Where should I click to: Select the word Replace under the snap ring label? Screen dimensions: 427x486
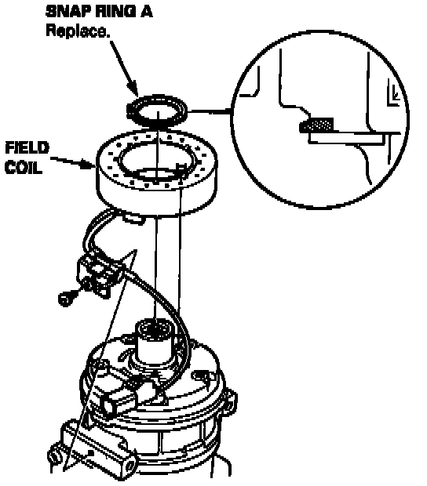(78, 31)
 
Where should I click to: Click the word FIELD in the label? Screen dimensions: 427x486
(27, 148)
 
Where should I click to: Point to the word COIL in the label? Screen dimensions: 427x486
(24, 168)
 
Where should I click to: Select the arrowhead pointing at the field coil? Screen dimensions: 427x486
(88, 164)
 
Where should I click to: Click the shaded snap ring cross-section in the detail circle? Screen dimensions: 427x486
(316, 125)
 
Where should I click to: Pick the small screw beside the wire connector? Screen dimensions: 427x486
(66, 298)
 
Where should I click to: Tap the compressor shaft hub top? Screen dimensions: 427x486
(154, 328)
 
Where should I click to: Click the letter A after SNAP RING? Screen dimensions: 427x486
(146, 12)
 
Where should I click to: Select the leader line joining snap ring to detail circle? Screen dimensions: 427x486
(209, 111)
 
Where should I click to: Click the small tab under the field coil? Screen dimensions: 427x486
(133, 219)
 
